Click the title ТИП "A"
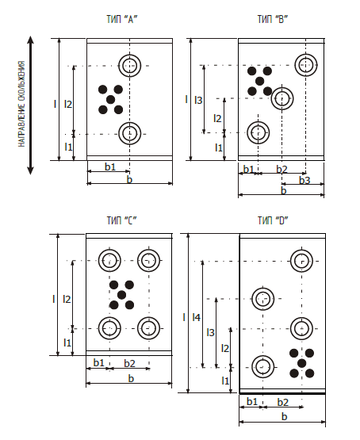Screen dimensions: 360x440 122,19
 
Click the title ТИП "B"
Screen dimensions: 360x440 273,19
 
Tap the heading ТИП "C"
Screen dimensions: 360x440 122,220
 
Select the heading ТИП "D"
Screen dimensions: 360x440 273,220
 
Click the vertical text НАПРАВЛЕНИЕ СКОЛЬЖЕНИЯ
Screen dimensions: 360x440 22,104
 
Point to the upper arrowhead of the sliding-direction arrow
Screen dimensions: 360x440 30,40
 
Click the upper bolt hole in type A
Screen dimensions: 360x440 129,65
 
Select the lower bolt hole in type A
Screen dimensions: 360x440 129,133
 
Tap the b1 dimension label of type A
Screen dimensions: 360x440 110,166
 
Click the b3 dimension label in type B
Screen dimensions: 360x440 304,180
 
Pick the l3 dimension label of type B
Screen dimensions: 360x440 198,100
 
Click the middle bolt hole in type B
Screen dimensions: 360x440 282,98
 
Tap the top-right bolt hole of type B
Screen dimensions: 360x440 306,65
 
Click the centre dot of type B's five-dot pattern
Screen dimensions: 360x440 260,82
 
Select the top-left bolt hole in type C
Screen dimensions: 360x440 109,260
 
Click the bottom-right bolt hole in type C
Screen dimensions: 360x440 149,328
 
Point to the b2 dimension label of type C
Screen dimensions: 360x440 129,363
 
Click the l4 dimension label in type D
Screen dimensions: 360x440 196,318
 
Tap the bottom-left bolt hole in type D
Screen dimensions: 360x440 263,367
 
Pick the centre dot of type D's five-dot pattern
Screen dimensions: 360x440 301,363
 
